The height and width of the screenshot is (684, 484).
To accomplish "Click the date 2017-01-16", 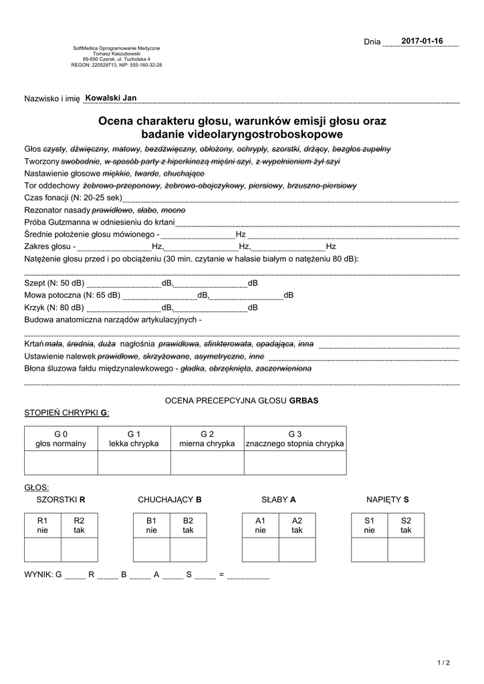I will coord(422,41).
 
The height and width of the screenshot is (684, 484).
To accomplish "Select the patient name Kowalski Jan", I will coord(111,98).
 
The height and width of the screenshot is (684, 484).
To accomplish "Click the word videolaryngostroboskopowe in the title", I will coord(242,134).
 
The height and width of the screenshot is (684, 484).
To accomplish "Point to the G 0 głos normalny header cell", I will coord(61,439).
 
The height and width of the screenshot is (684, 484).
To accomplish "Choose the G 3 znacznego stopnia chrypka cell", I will coord(295,439).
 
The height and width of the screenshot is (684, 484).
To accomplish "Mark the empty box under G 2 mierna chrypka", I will coord(207,462).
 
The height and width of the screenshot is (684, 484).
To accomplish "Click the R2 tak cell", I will coord(79,525).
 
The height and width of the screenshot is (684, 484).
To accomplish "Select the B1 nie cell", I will coord(151,525).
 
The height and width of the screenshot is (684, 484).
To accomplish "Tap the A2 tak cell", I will coord(297,525).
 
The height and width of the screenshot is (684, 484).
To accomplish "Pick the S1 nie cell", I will coord(369,525).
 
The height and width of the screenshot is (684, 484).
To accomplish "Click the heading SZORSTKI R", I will coord(61,499).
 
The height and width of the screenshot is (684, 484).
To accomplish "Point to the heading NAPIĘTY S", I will coord(387,499).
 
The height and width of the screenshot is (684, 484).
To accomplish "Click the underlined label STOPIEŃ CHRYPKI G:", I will coord(66,413).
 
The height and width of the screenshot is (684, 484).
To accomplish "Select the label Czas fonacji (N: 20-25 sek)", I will coord(73,198).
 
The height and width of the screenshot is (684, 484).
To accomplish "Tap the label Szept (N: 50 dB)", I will coord(54,283).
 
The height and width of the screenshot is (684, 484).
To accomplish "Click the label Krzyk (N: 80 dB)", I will coord(54,307).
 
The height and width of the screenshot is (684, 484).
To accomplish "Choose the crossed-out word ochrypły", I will coord(252,149).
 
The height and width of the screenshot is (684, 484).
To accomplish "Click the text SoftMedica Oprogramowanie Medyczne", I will coord(116,49).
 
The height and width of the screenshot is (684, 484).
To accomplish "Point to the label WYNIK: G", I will coord(43,574).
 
